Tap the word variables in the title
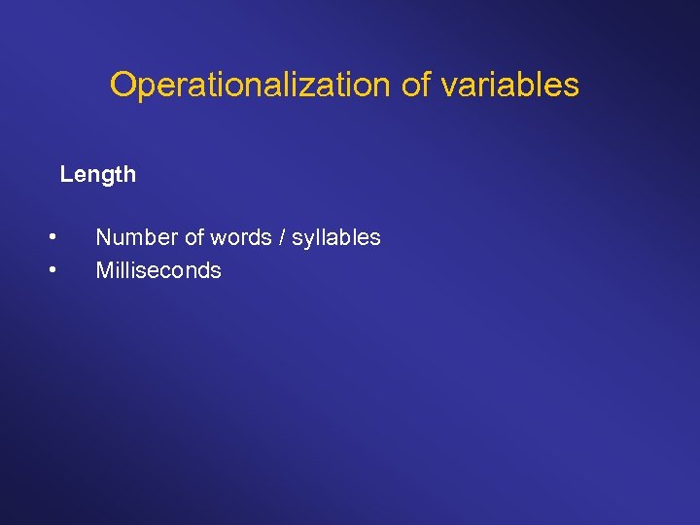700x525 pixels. [509, 85]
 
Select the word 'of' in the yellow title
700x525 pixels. [415, 85]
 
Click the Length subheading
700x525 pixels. [97, 175]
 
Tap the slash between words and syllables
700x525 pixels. [278, 237]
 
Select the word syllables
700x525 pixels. [334, 238]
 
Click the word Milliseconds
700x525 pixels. [158, 270]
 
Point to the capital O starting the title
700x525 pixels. [122, 85]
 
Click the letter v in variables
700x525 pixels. [448, 86]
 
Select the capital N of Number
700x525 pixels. [103, 237]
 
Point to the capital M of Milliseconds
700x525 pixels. [104, 270]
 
